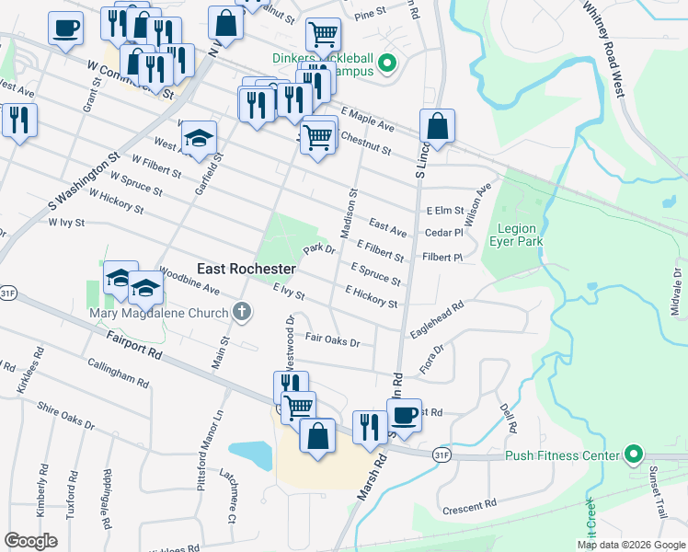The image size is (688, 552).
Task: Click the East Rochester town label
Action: coord(247,269)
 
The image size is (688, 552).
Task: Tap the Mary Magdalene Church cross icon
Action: coord(242,312)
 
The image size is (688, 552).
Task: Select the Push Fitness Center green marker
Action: coord(633,454)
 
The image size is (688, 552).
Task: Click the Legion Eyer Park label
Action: coord(520,236)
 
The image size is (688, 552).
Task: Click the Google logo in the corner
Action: coord(32,540)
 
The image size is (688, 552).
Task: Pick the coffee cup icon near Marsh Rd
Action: coord(403,414)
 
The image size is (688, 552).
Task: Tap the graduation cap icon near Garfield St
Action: coord(199,138)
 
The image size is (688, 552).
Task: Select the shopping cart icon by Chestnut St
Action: coord(318,137)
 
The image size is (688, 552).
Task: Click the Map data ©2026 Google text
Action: coord(630,544)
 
